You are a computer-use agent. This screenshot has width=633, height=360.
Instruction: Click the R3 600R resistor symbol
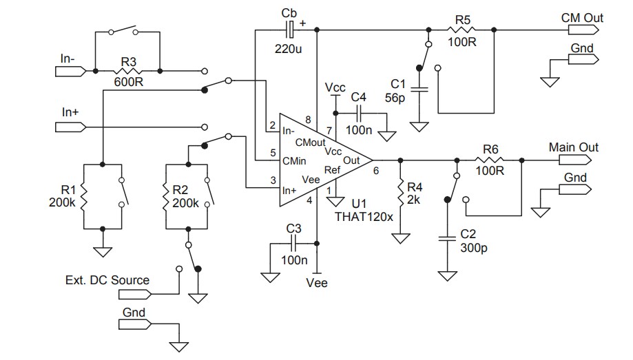(129, 70)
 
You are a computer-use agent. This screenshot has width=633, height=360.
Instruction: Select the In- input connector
(72, 70)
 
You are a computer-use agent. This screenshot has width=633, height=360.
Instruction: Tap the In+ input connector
(72, 127)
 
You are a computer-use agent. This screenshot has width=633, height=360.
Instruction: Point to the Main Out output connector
(573, 160)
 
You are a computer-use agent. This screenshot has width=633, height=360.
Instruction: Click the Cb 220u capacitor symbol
(289, 30)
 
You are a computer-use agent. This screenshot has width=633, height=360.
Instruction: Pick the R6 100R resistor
(490, 160)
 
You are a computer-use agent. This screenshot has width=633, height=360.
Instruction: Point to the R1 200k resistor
(83, 196)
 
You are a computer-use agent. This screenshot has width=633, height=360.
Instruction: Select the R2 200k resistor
(167, 196)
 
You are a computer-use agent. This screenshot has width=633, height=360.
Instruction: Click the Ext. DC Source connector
(134, 294)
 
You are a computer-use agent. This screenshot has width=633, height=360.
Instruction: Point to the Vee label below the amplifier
(318, 282)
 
